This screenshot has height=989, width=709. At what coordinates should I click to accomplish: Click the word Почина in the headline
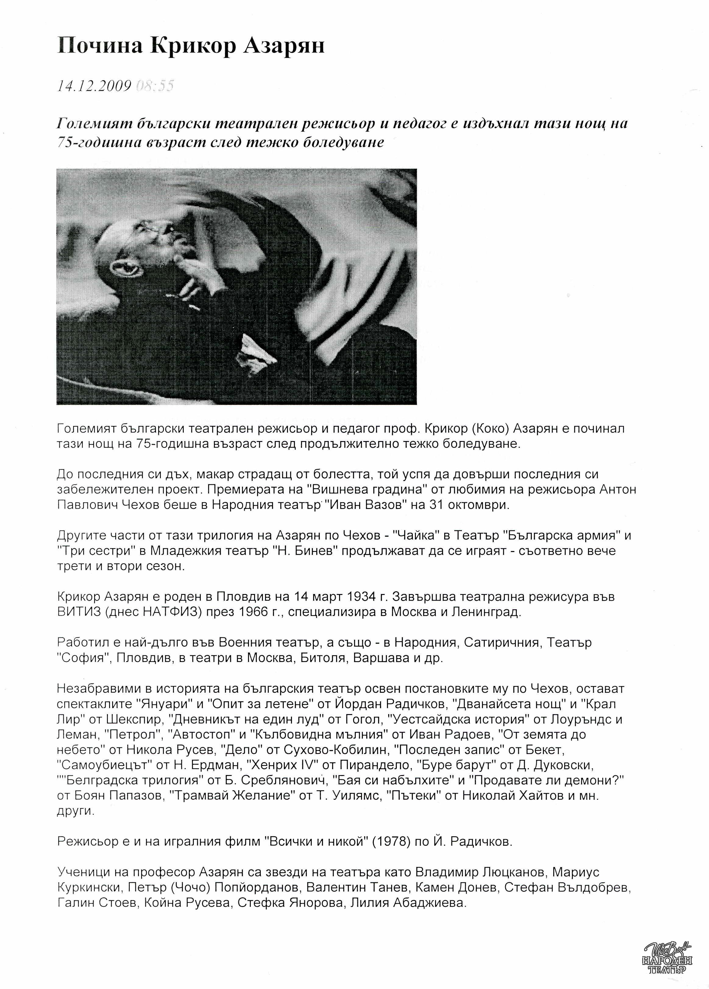(99, 46)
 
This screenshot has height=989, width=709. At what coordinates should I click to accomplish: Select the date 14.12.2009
(94, 86)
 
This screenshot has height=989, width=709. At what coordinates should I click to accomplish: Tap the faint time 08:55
(155, 86)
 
